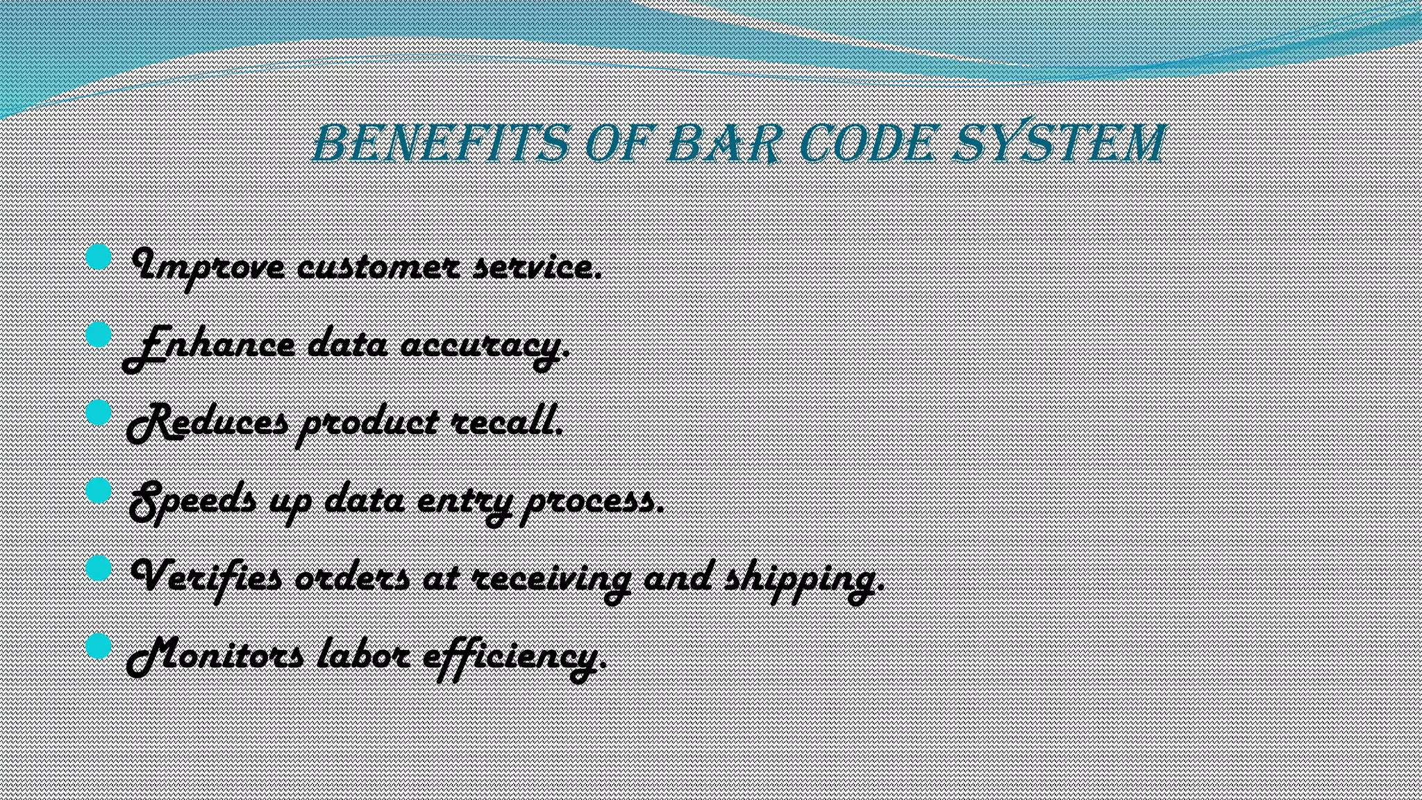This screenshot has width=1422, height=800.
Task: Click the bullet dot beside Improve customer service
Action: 99,258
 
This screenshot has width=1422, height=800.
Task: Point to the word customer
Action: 377,267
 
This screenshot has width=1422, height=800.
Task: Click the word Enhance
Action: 208,345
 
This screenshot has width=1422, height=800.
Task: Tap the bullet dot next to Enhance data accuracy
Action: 99,335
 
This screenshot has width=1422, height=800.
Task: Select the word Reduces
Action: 207,423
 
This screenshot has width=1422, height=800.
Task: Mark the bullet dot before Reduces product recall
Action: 99,413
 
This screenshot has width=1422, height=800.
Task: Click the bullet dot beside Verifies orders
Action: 99,569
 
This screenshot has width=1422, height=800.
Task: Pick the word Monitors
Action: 215,656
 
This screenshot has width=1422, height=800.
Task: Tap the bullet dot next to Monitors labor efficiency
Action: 99,647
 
